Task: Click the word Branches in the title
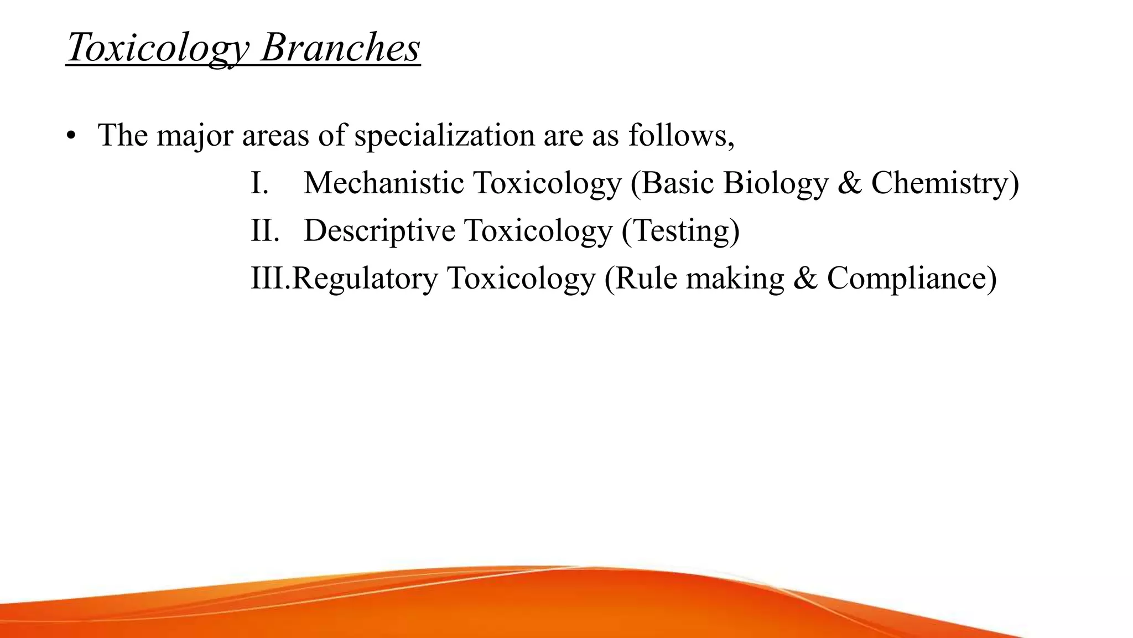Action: [340, 48]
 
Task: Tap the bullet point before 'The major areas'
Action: [70, 136]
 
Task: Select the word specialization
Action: [444, 136]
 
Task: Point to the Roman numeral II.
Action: [264, 230]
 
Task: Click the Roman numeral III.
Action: [269, 278]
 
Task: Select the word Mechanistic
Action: [383, 183]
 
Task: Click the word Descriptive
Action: [379, 230]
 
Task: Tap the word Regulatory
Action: [365, 278]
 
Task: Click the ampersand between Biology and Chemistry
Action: [850, 183]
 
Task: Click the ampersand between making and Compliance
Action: [805, 278]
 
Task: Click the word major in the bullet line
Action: [195, 136]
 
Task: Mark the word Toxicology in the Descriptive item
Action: [538, 230]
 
